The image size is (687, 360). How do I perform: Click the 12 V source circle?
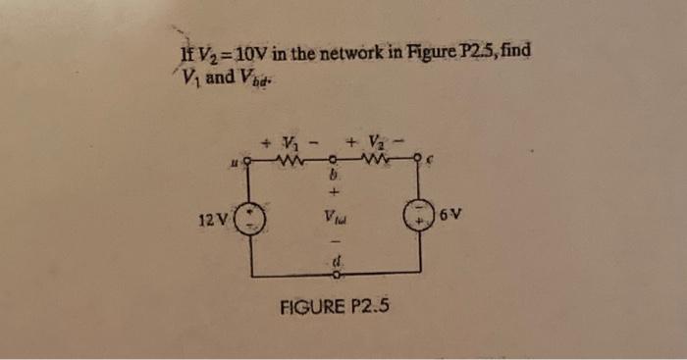pyautogui.click(x=253, y=216)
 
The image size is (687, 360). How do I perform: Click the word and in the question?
pyautogui.click(x=220, y=77)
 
